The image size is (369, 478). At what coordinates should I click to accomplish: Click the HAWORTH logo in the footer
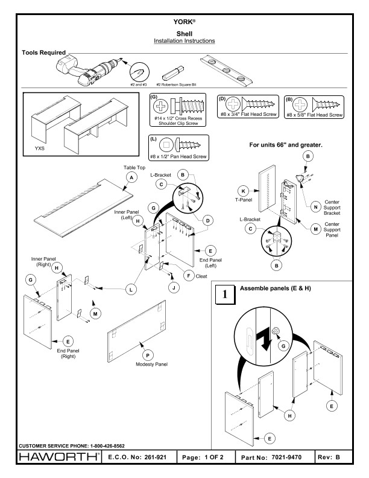tap(59, 457)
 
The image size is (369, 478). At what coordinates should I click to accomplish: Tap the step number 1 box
tap(225, 294)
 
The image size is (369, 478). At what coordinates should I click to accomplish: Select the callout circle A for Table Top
tap(131, 177)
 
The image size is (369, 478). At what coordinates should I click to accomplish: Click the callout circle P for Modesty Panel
tap(148, 355)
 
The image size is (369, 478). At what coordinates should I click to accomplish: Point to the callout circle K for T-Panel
tap(243, 191)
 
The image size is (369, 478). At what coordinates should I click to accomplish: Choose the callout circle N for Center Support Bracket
tap(316, 207)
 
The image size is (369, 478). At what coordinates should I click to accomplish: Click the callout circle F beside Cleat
tap(189, 276)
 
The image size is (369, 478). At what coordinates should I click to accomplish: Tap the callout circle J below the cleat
tap(174, 287)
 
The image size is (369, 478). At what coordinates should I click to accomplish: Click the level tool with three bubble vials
tap(227, 71)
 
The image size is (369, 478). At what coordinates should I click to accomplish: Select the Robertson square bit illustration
tap(173, 73)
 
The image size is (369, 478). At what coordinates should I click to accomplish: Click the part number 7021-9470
tap(286, 457)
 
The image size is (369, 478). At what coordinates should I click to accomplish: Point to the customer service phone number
tap(107, 445)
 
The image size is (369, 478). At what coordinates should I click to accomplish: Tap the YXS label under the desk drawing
tap(40, 148)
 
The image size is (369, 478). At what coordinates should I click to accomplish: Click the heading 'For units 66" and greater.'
tap(286, 145)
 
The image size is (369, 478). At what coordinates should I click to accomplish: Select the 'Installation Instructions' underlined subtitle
tap(184, 41)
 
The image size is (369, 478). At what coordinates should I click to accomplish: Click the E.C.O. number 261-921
tap(156, 457)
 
